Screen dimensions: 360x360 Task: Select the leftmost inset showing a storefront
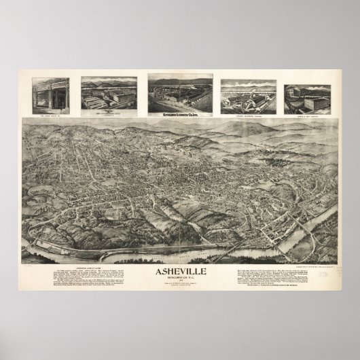pyautogui.click(x=52, y=96)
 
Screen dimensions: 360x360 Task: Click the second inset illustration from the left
pyautogui.click(x=109, y=94)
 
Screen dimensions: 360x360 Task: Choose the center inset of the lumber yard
pyautogui.click(x=179, y=94)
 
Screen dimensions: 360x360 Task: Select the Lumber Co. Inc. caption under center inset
pyautogui.click(x=179, y=113)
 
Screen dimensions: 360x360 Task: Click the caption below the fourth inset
pyautogui.click(x=248, y=113)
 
